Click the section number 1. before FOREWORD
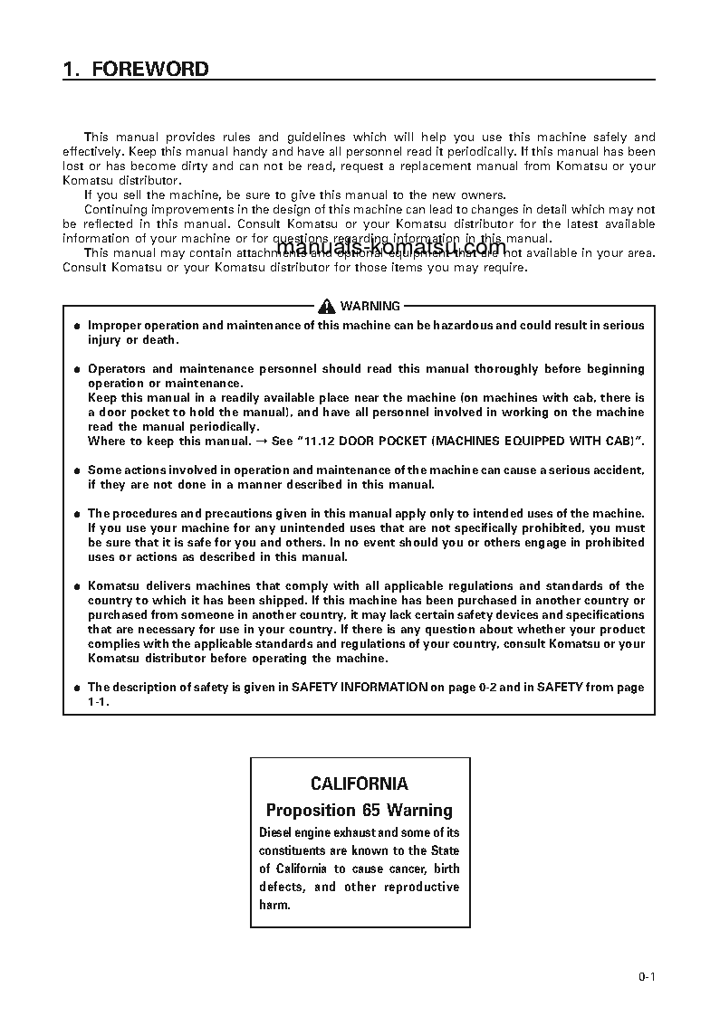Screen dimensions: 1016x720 point(72,70)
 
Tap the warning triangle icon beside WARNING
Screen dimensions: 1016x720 point(326,306)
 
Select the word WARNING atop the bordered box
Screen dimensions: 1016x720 point(370,307)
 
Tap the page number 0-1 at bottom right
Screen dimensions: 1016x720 point(646,976)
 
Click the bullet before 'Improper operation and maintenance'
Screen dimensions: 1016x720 point(77,327)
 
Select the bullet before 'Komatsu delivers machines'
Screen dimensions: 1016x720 point(77,587)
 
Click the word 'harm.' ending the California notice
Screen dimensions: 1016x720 point(274,905)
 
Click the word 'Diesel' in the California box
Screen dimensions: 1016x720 point(276,832)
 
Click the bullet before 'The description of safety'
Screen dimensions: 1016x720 point(77,688)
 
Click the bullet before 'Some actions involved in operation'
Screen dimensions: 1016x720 point(77,471)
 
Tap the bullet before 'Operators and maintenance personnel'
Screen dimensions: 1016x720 point(77,370)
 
